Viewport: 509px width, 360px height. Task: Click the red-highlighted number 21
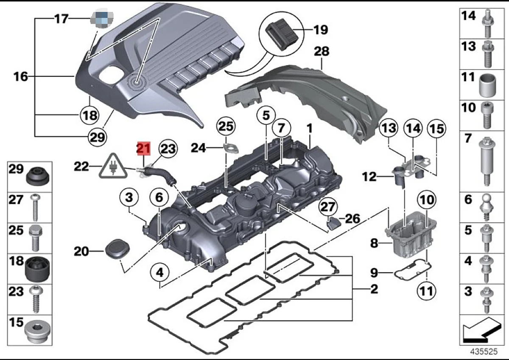click(x=143, y=149)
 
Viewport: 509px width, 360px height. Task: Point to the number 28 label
click(x=321, y=52)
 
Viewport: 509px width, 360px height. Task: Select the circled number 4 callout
click(x=159, y=272)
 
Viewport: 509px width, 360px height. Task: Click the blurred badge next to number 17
click(x=99, y=18)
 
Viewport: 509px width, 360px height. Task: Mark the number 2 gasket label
click(x=374, y=290)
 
